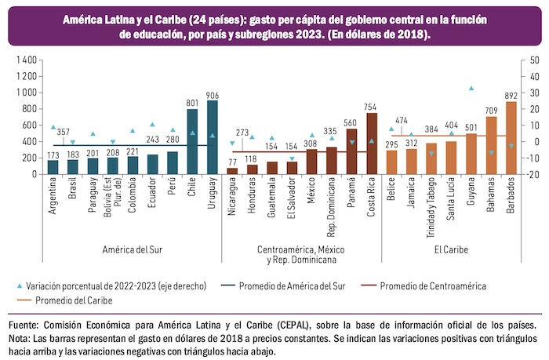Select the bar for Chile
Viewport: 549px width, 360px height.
192,142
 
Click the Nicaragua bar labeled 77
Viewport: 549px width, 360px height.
232,170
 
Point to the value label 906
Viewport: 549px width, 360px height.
213,96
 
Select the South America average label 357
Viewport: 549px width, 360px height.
63,132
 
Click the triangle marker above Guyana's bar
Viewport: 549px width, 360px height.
471,89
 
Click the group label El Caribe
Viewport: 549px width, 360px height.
453,249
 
